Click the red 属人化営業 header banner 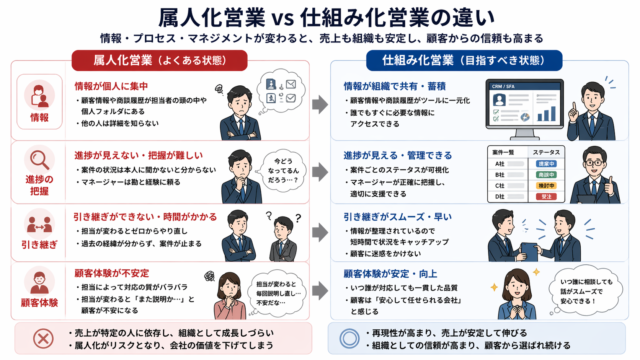[159, 60]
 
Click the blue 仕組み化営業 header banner [464, 60]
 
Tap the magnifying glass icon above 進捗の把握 [39, 160]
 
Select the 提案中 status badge [546, 164]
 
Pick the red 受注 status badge [546, 197]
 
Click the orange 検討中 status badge [546, 186]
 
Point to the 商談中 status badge [546, 175]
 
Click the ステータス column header [546, 152]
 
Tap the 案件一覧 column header [503, 152]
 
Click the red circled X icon [43, 339]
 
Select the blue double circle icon [349, 339]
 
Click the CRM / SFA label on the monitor [503, 86]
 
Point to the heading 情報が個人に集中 [111, 86]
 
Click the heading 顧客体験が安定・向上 [390, 274]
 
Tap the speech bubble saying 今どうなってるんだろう [283, 171]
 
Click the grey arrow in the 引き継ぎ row [320, 232]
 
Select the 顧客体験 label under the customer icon [39, 303]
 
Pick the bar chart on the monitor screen [546, 114]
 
